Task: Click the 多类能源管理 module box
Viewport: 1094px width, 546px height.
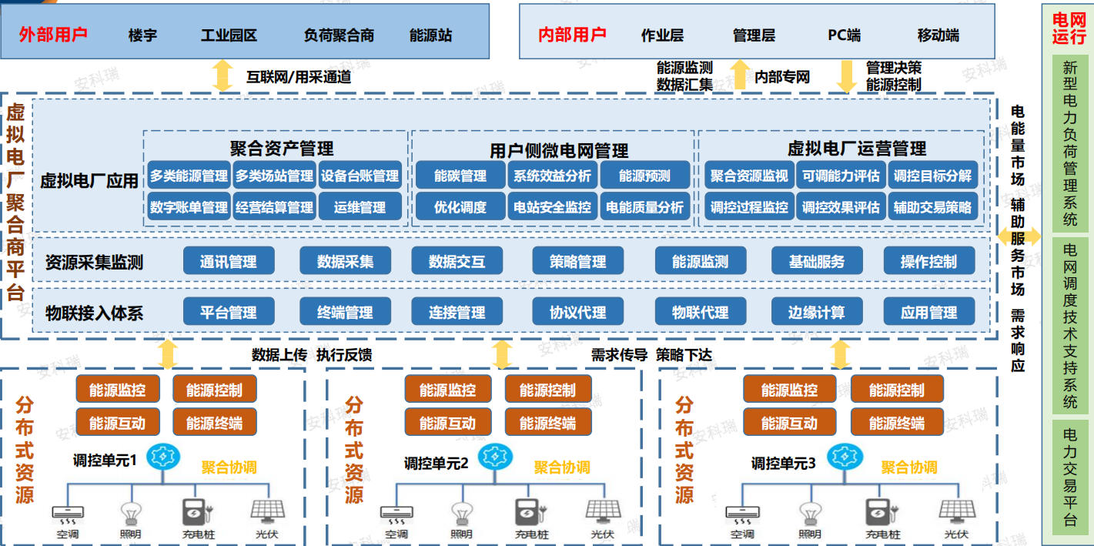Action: coord(189,176)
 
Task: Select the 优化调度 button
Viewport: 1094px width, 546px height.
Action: coord(460,207)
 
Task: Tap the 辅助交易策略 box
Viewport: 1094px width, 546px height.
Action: coord(933,207)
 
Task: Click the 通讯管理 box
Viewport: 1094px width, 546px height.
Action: coord(229,261)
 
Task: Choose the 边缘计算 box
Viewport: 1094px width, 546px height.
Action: coord(817,312)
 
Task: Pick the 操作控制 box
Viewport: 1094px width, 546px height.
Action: coord(929,261)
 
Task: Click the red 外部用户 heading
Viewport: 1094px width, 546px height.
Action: coord(53,35)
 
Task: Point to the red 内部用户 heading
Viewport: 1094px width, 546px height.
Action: coord(572,35)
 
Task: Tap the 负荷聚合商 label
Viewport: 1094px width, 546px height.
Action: coord(339,35)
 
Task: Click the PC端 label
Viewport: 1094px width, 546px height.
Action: coord(844,35)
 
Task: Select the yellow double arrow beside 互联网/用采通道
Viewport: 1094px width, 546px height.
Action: coord(222,75)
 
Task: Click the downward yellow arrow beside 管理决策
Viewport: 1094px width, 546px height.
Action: coord(846,76)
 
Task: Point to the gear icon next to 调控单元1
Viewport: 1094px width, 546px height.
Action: coord(163,457)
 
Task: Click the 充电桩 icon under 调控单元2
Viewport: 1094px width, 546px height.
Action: coord(530,513)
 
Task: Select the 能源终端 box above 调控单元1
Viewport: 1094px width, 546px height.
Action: coord(214,422)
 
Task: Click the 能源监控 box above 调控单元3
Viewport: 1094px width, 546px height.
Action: coord(789,389)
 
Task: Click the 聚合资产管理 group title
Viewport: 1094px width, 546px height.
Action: coord(282,148)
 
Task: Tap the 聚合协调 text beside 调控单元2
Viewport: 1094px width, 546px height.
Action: coord(562,467)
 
